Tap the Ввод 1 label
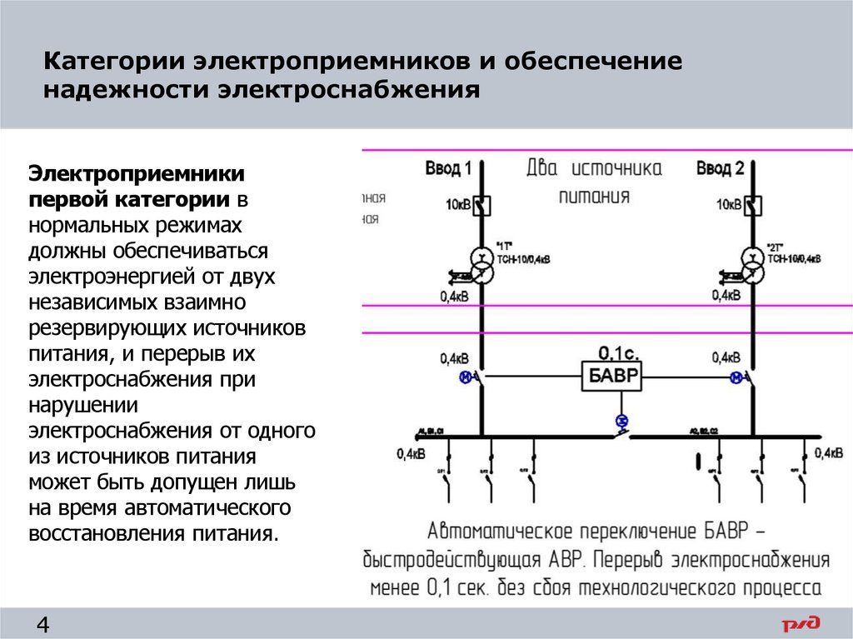pyautogui.click(x=448, y=169)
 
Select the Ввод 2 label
pyautogui.click(x=720, y=169)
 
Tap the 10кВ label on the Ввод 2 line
pyautogui.click(x=728, y=204)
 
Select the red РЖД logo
pyautogui.click(x=801, y=623)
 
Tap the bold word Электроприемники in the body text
pyautogui.click(x=137, y=174)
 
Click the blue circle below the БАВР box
pyautogui.click(x=620, y=419)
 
